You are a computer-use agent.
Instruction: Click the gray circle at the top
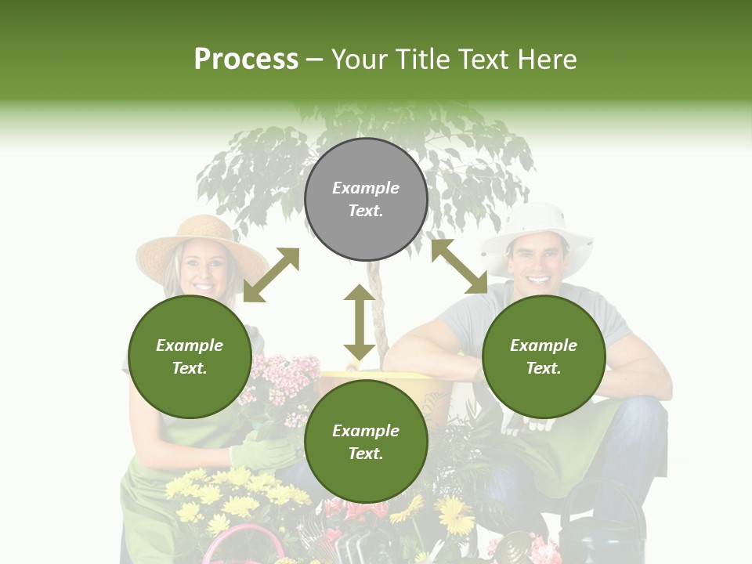[x=366, y=200]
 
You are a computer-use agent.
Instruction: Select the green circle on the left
[x=190, y=356]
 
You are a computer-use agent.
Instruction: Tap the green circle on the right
[x=544, y=356]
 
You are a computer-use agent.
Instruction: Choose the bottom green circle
[x=366, y=442]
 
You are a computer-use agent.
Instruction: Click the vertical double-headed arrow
[x=360, y=322]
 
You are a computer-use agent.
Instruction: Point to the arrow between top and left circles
[x=271, y=275]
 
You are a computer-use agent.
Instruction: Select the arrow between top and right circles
[x=459, y=266]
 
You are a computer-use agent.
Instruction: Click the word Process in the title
[x=246, y=59]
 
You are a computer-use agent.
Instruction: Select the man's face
[x=537, y=262]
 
